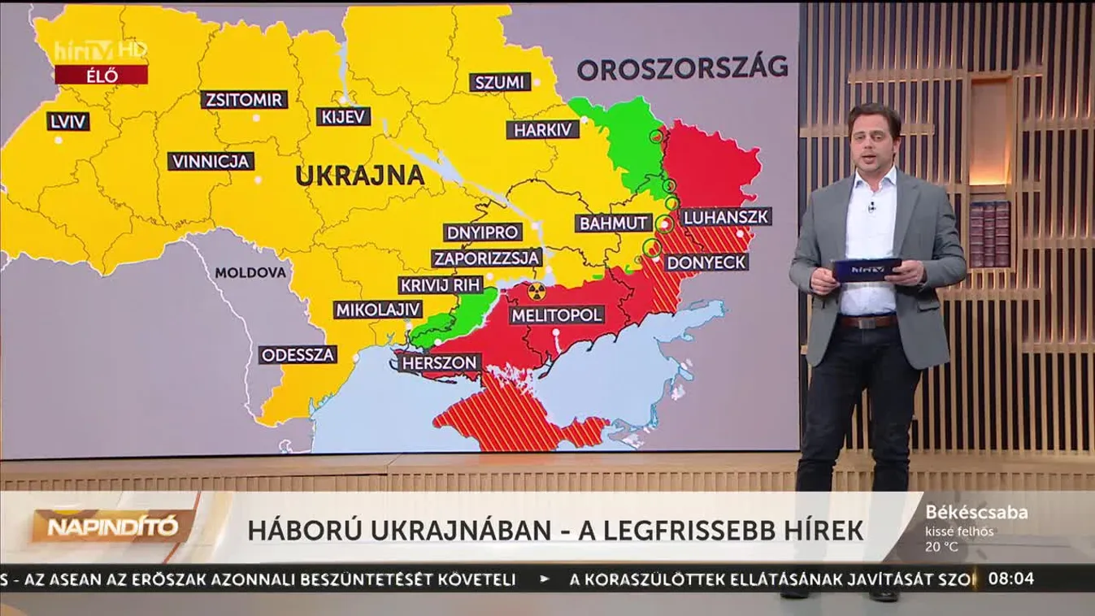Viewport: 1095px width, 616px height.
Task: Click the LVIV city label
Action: tap(68, 121)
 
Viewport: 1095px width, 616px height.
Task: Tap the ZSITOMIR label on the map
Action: tap(245, 100)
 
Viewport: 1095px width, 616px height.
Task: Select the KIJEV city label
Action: tap(344, 117)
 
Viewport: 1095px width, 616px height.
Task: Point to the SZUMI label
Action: tap(500, 82)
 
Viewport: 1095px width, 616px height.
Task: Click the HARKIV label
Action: tap(543, 130)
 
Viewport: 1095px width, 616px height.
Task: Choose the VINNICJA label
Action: tap(211, 161)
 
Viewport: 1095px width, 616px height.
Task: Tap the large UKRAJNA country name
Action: tap(359, 176)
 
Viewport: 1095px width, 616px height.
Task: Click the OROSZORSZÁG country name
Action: tap(682, 67)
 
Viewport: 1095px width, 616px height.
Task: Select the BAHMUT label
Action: tap(614, 223)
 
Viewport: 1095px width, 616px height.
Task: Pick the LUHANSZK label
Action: tap(726, 217)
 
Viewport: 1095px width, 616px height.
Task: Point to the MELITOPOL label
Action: tap(557, 315)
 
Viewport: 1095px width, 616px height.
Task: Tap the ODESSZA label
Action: tap(298, 355)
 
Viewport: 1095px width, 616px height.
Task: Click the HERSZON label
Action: tap(439, 362)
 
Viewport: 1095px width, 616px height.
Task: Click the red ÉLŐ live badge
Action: tap(101, 76)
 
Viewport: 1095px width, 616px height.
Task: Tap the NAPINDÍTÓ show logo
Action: tap(112, 527)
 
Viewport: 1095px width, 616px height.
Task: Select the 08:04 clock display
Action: tap(1011, 579)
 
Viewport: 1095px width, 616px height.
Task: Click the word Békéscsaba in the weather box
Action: tap(976, 513)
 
